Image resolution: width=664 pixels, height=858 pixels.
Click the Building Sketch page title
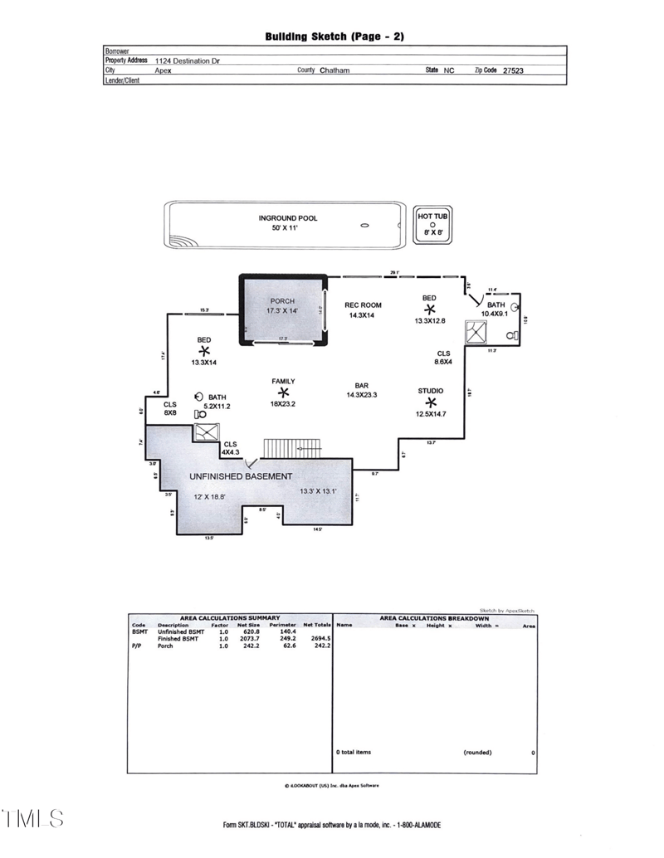coord(334,37)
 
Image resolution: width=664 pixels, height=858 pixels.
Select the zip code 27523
coord(511,71)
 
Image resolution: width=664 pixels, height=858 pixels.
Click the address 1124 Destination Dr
coord(188,61)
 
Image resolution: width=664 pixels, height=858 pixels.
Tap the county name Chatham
coord(334,71)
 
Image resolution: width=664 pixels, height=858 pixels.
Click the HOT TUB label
coord(432,217)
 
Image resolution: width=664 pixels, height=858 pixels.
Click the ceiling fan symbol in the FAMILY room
coord(283,392)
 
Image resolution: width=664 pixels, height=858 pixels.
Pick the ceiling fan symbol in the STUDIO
coord(430,402)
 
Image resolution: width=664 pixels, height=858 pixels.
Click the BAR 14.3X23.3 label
coord(362,390)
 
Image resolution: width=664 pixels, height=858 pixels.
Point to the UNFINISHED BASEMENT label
coord(241,476)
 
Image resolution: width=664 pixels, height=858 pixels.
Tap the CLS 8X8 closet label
coord(170,408)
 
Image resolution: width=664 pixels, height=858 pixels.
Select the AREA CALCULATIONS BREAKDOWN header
coord(434,618)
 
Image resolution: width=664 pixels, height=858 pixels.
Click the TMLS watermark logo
coord(33,818)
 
